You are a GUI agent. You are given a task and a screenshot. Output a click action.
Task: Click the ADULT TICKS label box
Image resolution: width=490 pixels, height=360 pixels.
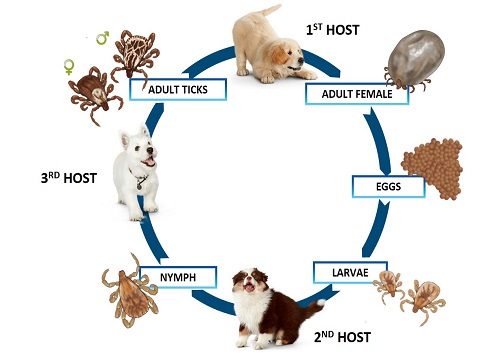tap(178, 89)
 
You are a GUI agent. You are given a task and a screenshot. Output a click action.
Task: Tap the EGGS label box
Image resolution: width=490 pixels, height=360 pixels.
tap(389, 186)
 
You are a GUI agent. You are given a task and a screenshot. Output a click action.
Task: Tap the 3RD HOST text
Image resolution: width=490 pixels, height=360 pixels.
tap(68, 181)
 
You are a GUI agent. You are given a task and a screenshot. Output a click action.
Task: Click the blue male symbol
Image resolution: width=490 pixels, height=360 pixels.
tap(102, 38)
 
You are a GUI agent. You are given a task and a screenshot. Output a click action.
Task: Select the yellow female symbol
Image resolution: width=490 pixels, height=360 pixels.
tap(69, 68)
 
